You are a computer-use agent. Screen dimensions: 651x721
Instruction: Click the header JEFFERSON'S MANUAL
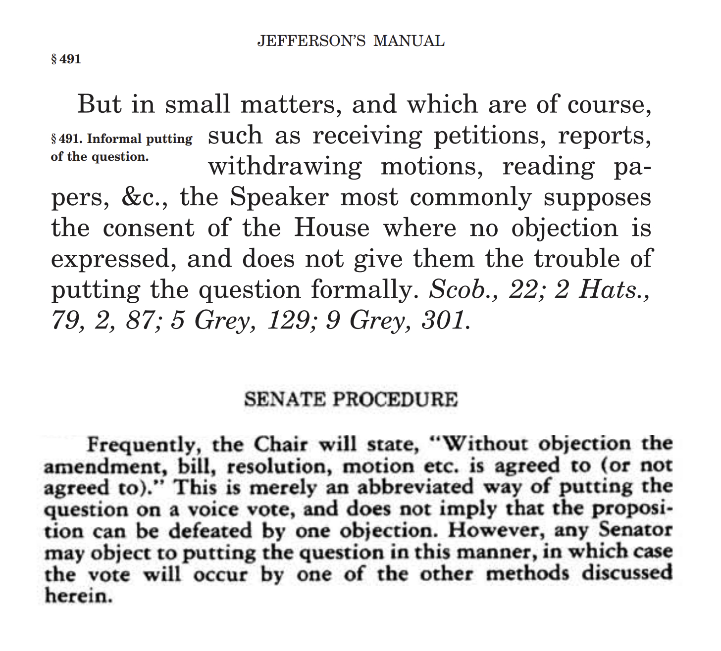coord(351,41)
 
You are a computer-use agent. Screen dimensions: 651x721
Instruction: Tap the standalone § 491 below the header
coord(66,60)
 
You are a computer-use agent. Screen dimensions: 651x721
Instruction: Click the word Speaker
coord(279,197)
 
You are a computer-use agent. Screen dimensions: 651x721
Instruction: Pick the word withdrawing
coord(285,167)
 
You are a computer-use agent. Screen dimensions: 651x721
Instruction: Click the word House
coord(332,228)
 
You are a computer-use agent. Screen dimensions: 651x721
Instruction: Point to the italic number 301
coord(444,321)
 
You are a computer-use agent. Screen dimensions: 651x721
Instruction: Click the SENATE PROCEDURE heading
coord(351,399)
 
